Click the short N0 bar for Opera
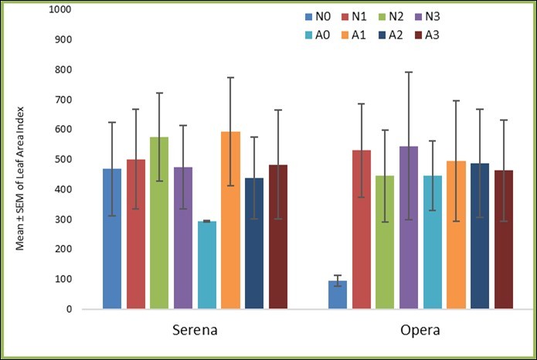(338, 294)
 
